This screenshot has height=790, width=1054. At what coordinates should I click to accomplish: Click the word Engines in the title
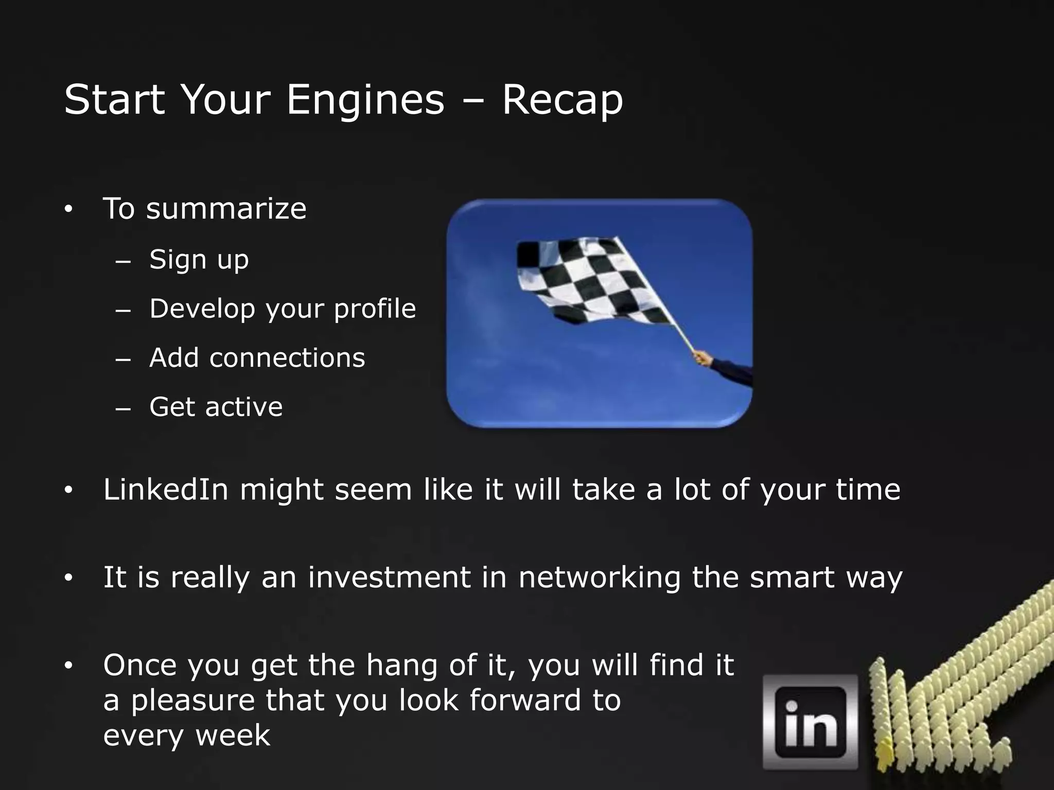365,100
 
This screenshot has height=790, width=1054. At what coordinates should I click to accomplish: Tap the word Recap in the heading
562,100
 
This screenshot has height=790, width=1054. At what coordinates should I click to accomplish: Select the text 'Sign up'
199,259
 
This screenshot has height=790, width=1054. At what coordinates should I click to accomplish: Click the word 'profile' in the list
375,309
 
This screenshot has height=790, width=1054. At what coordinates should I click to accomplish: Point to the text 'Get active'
216,407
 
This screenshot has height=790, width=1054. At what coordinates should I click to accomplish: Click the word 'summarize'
226,209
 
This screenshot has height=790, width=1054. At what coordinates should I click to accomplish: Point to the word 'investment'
389,577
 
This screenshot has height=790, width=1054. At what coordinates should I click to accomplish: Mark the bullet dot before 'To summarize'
68,210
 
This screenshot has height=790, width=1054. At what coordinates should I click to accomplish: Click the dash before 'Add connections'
123,360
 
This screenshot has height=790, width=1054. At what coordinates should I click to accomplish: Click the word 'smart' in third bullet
792,577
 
